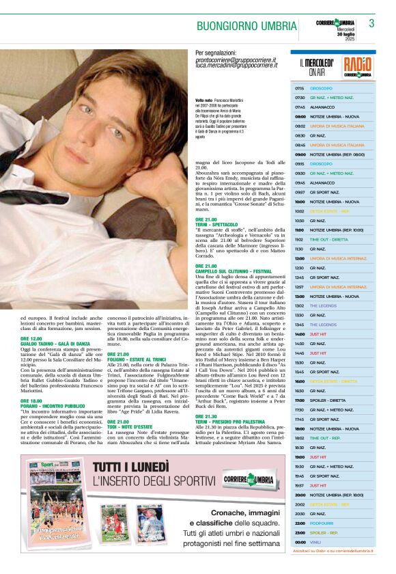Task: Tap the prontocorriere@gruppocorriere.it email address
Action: (236, 60)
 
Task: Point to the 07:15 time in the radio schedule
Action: (300, 89)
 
